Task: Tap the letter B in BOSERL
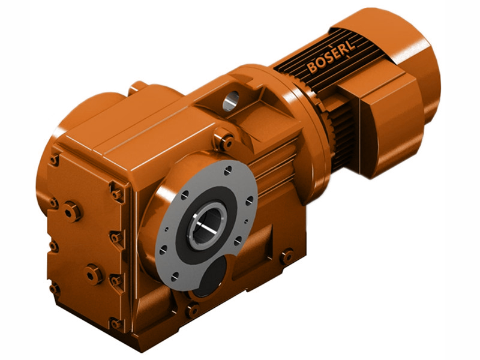pos(312,67)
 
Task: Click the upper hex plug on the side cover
pos(72,211)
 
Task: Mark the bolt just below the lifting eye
pos(225,142)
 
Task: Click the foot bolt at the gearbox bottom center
pos(192,310)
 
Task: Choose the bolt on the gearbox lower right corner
pos(287,256)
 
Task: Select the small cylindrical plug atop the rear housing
pos(137,87)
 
